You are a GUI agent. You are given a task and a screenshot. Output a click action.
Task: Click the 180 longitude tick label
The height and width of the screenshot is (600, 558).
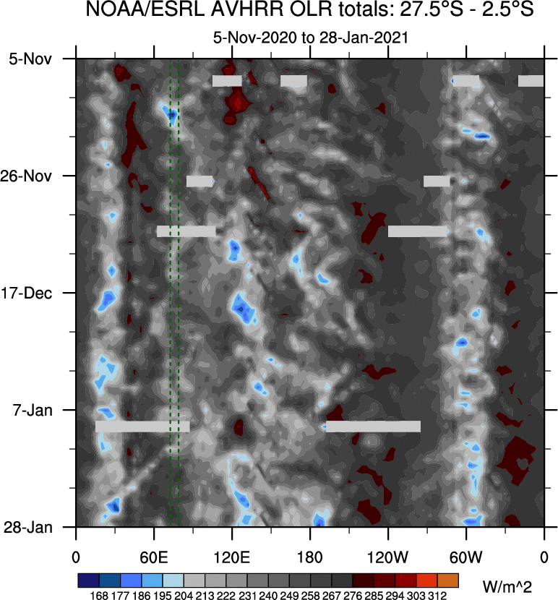coord(310,557)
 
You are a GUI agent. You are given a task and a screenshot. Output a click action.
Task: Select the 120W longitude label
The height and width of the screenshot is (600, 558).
coord(388,557)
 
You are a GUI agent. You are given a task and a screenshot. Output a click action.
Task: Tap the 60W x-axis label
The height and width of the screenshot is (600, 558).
coord(466,557)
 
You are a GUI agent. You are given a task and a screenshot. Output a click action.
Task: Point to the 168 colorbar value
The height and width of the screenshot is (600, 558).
coord(100,596)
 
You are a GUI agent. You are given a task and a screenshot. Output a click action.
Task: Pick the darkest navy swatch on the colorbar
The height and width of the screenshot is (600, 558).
coord(89,580)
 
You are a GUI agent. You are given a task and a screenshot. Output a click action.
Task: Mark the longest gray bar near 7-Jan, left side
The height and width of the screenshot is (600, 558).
coord(142,427)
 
